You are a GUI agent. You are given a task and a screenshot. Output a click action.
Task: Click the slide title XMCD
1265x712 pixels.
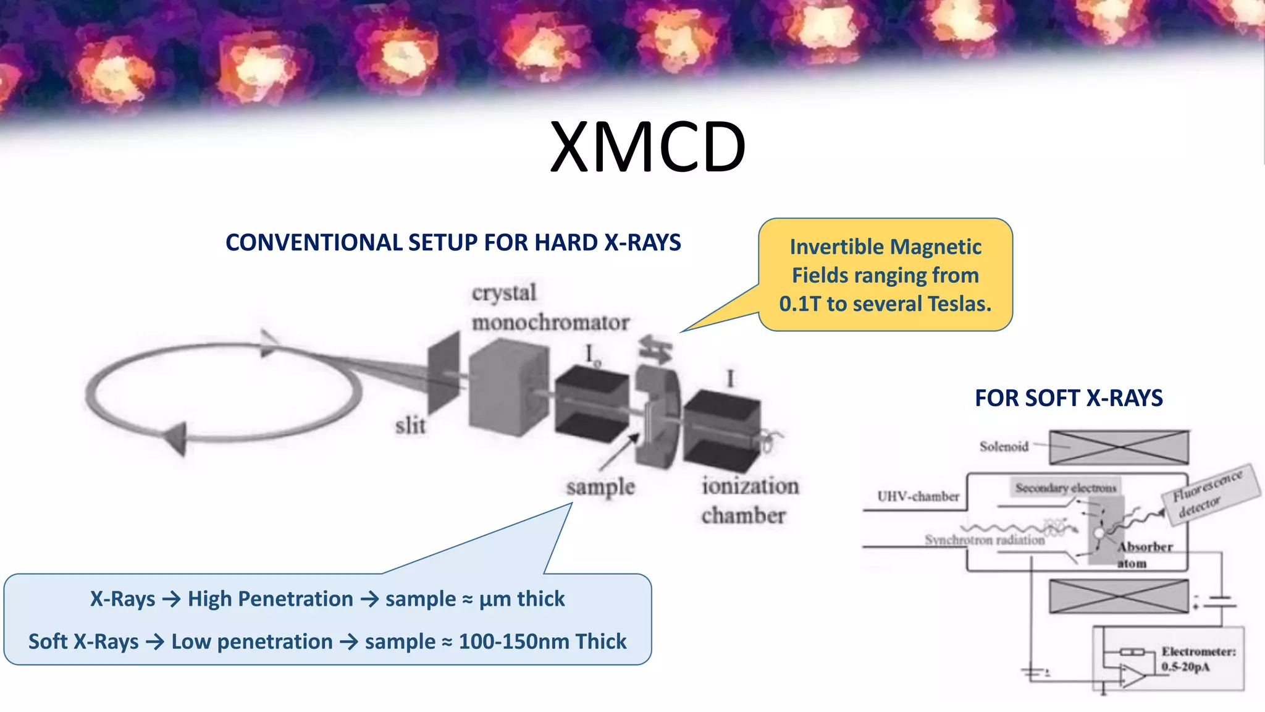pyautogui.click(x=647, y=147)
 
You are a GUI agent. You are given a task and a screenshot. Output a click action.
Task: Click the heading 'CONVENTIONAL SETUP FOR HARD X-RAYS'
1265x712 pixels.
pyautogui.click(x=453, y=243)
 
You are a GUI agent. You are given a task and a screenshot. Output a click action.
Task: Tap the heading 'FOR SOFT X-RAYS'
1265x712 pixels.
pyautogui.click(x=1069, y=398)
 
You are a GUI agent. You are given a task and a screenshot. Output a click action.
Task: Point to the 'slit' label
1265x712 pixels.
pyautogui.click(x=411, y=426)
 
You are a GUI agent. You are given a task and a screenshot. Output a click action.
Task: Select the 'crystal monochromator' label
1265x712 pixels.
pyautogui.click(x=550, y=308)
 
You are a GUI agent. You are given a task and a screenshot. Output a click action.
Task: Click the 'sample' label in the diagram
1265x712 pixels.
pyautogui.click(x=600, y=488)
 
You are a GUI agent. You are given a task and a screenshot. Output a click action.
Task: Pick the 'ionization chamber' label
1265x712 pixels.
pyautogui.click(x=749, y=501)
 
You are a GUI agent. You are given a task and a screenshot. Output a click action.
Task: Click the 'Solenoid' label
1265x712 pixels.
pyautogui.click(x=1004, y=446)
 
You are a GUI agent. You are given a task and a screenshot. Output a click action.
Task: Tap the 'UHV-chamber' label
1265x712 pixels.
pyautogui.click(x=918, y=496)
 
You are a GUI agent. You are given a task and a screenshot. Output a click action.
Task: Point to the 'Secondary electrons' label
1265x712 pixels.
pyautogui.click(x=1065, y=488)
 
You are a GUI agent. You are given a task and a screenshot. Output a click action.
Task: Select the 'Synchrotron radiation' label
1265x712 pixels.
pyautogui.click(x=985, y=540)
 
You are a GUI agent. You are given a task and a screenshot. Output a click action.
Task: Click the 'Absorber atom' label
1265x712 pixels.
pyautogui.click(x=1143, y=554)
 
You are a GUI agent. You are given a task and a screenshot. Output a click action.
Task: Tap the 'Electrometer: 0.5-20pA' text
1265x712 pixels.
pyautogui.click(x=1197, y=659)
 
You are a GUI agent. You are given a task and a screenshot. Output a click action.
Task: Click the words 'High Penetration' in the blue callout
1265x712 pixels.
pyautogui.click(x=270, y=599)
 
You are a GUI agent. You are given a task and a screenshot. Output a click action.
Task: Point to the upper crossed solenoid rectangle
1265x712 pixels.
pyautogui.click(x=1119, y=447)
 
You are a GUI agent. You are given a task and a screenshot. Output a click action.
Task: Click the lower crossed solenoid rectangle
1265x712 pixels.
pyautogui.click(x=1119, y=596)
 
